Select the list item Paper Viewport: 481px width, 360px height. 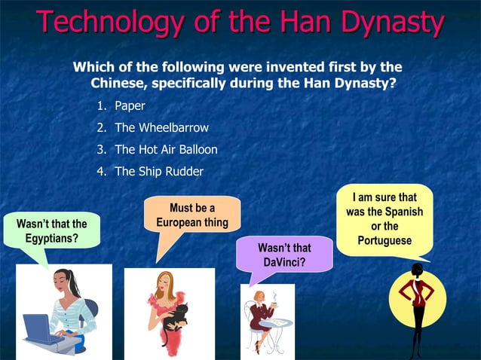pyautogui.click(x=130, y=106)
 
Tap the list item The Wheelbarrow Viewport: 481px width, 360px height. pyautogui.click(x=161, y=128)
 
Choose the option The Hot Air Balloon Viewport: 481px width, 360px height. pyautogui.click(x=166, y=150)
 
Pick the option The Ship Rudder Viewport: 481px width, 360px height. pyautogui.click(x=159, y=172)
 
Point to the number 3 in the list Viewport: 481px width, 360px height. pyautogui.click(x=101, y=150)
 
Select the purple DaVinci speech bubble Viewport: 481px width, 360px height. pyautogui.click(x=284, y=255)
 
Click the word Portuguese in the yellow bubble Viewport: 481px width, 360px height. pyautogui.click(x=385, y=241)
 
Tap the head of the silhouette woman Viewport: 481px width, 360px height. pyautogui.click(x=416, y=270)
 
